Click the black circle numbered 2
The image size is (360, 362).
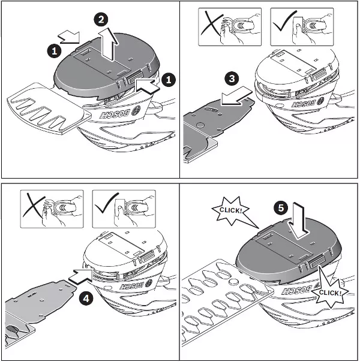tap(101, 20)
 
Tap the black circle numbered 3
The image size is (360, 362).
tap(232, 79)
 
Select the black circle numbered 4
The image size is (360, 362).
tap(86, 299)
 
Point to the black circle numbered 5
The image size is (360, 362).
tap(281, 208)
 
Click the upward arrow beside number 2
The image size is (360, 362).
tap(109, 44)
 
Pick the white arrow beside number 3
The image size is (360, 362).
tap(236, 96)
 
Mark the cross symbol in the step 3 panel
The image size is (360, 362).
tap(212, 23)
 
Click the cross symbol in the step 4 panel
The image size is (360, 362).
tap(34, 206)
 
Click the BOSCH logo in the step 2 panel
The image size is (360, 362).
tap(119, 112)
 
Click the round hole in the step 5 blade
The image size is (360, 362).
tap(234, 282)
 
